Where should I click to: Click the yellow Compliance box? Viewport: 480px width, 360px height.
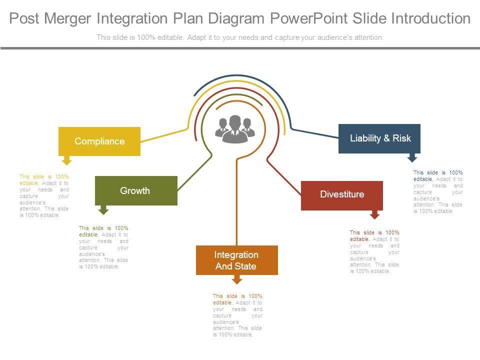point(99,141)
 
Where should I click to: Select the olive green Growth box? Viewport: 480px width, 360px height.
point(136,190)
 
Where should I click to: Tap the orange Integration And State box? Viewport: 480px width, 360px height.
point(236,260)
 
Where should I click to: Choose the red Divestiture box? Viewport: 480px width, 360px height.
point(342,195)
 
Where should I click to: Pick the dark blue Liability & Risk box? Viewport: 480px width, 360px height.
point(379,138)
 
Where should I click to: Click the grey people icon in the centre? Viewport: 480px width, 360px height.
point(235,129)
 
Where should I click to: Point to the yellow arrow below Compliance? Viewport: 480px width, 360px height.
point(66,160)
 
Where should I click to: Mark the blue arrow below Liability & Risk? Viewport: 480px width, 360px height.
point(412,157)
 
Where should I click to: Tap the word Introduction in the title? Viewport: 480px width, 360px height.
point(430,19)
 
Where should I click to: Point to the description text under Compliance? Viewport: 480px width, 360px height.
point(44,195)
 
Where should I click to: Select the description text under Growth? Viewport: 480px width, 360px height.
point(103,247)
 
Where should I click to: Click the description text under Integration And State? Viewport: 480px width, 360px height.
point(237,315)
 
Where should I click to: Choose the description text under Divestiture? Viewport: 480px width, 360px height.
point(374,252)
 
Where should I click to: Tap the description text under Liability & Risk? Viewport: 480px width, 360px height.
point(438,192)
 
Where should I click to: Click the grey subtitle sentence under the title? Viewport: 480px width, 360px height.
point(240,37)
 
